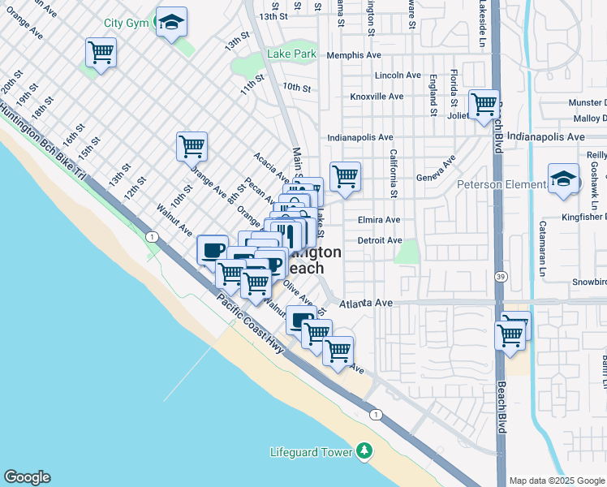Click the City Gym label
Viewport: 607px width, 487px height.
click(x=127, y=23)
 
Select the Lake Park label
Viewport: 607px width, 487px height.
click(x=291, y=55)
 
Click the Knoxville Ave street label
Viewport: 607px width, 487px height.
click(x=377, y=97)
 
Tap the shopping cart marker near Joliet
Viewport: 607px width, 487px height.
click(x=484, y=105)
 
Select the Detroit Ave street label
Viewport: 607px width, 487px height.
click(x=379, y=240)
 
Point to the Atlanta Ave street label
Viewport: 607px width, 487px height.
click(x=366, y=303)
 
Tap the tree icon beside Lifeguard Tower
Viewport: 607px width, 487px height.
click(x=365, y=451)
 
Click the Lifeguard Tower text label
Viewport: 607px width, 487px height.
click(x=312, y=452)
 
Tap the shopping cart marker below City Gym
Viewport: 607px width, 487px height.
click(x=101, y=54)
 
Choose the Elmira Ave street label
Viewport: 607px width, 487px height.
click(x=378, y=220)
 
